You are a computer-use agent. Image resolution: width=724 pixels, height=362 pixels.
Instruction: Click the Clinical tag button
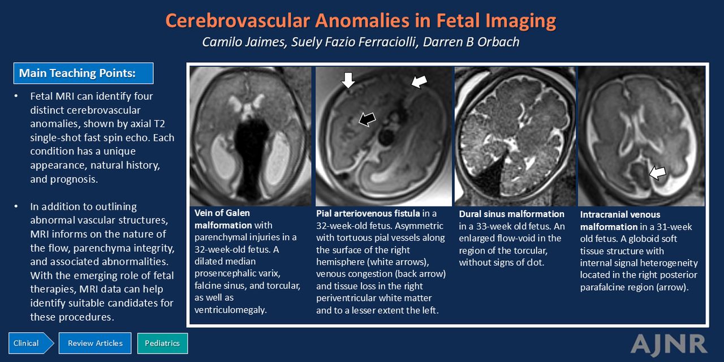tap(31, 343)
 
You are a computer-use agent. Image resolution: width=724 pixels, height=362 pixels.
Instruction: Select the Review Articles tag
tap(95, 343)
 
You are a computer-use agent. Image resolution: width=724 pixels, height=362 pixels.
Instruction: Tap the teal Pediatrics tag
tap(162, 343)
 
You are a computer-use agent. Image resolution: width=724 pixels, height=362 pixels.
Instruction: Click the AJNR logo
tap(669, 344)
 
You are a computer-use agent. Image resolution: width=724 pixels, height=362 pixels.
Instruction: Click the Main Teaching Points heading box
tap(83, 73)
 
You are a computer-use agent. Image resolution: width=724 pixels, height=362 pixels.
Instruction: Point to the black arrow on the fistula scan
tap(367, 119)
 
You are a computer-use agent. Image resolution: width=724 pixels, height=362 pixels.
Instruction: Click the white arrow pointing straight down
tap(348, 80)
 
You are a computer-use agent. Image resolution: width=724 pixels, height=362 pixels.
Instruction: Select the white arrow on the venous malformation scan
tap(658, 173)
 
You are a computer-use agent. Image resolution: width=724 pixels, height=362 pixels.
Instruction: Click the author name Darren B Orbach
tap(471, 42)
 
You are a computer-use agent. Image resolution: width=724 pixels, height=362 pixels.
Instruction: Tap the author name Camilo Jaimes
tap(244, 42)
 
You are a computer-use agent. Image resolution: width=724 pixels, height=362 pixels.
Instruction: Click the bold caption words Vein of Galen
tap(222, 213)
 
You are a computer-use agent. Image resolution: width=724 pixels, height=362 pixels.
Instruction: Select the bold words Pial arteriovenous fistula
tap(368, 213)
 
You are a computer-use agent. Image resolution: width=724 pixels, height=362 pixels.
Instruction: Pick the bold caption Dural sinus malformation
tap(512, 214)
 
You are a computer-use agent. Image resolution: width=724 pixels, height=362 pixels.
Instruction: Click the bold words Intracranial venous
tap(620, 214)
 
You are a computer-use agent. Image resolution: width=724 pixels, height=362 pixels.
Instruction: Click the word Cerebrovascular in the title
tap(238, 20)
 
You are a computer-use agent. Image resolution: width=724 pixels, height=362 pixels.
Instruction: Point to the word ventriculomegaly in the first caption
tap(230, 310)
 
